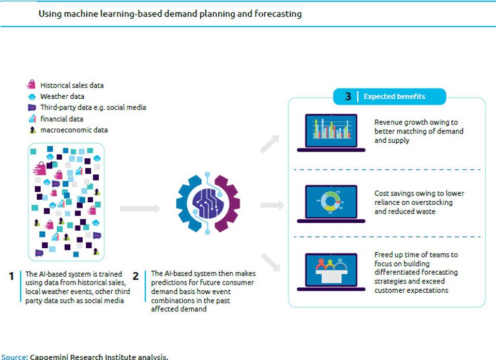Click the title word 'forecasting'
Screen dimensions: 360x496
[278, 14]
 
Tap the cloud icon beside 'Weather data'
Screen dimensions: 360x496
[32, 97]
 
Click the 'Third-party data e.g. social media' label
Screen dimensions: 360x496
[93, 108]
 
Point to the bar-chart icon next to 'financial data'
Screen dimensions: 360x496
[32, 119]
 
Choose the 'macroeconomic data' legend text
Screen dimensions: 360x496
[74, 130]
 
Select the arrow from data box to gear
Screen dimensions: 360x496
[140, 208]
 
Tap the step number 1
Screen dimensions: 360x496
[11, 276]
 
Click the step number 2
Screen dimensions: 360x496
[136, 276]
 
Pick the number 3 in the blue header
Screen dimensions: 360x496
[348, 97]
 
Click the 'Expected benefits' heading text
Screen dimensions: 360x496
[394, 97]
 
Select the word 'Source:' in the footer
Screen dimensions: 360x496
[14, 357]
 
